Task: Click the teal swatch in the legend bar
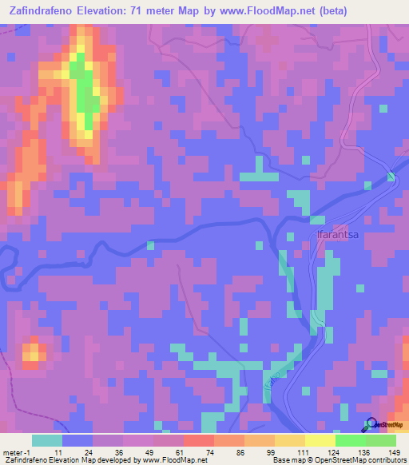pyautogui.click(x=47, y=440)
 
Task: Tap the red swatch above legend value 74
pyautogui.click(x=198, y=440)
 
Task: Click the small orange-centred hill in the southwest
pyautogui.click(x=33, y=352)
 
